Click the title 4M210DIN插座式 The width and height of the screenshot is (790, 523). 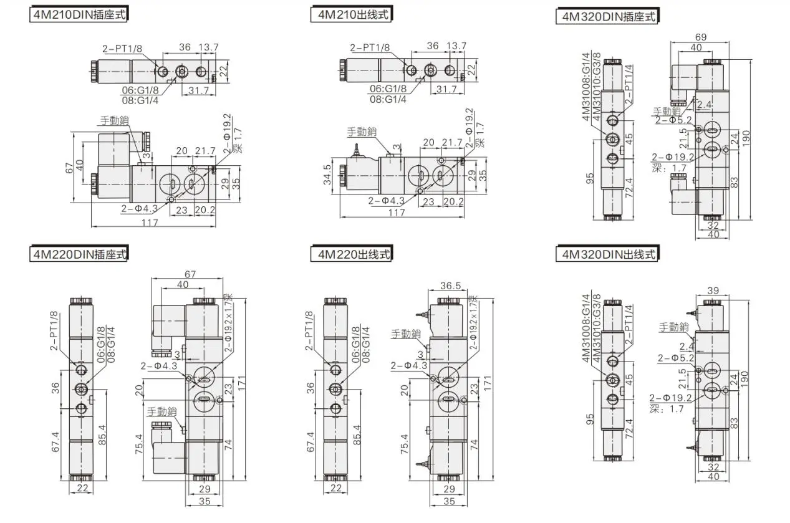79,15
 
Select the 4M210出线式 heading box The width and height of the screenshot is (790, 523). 352,14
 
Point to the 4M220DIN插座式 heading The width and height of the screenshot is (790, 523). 79,254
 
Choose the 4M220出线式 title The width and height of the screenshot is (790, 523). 352,254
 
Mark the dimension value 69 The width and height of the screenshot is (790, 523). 701,37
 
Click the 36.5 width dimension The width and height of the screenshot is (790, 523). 450,285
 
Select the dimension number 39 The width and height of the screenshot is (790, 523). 713,290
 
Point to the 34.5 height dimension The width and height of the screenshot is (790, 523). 327,175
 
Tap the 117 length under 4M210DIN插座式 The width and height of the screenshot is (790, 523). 150,223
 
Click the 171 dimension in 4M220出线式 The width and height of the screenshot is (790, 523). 487,383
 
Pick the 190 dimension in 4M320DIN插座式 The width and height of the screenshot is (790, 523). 746,138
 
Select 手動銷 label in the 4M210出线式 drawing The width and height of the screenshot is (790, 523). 362,132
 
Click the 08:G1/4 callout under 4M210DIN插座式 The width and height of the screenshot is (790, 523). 140,100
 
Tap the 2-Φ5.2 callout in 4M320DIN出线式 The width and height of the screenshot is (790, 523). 676,358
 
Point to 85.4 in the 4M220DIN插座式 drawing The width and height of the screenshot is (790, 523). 102,434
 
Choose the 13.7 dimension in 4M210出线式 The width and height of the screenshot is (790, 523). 456,46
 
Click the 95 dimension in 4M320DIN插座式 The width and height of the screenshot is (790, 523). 590,178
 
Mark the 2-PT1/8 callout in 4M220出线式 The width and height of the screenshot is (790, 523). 309,330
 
